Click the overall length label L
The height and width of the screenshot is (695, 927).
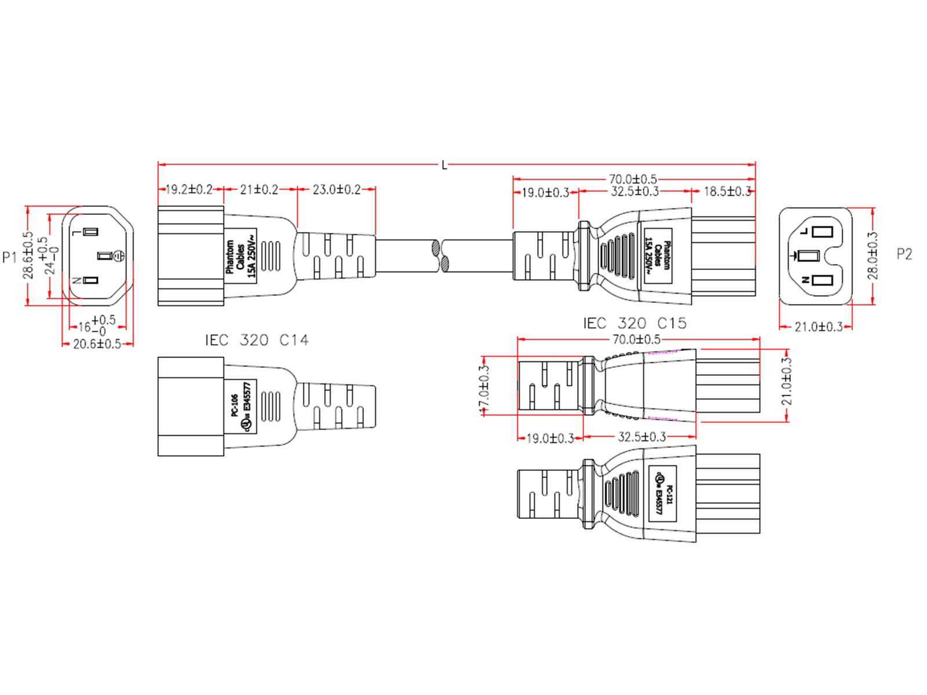444,166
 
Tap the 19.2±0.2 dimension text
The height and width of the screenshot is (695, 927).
189,189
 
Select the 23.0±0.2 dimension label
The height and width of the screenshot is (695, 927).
337,189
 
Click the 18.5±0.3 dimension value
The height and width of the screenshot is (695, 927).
727,191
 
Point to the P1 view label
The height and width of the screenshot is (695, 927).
10,257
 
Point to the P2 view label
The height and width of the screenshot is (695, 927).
904,254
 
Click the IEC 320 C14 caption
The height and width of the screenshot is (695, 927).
257,340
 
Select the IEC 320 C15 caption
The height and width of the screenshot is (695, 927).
634,323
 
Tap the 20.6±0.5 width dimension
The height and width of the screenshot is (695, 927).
97,344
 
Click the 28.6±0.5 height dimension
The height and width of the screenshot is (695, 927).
28,255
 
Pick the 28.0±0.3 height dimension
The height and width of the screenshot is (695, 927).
873,255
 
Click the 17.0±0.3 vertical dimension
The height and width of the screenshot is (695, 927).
484,388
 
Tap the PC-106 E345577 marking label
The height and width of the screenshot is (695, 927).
241,405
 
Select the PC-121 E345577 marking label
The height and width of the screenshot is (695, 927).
662,493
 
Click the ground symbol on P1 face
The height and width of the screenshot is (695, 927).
118,255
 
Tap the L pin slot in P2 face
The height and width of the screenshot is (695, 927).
822,232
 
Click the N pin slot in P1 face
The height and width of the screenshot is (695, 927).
90,280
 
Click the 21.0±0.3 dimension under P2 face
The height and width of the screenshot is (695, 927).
818,327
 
